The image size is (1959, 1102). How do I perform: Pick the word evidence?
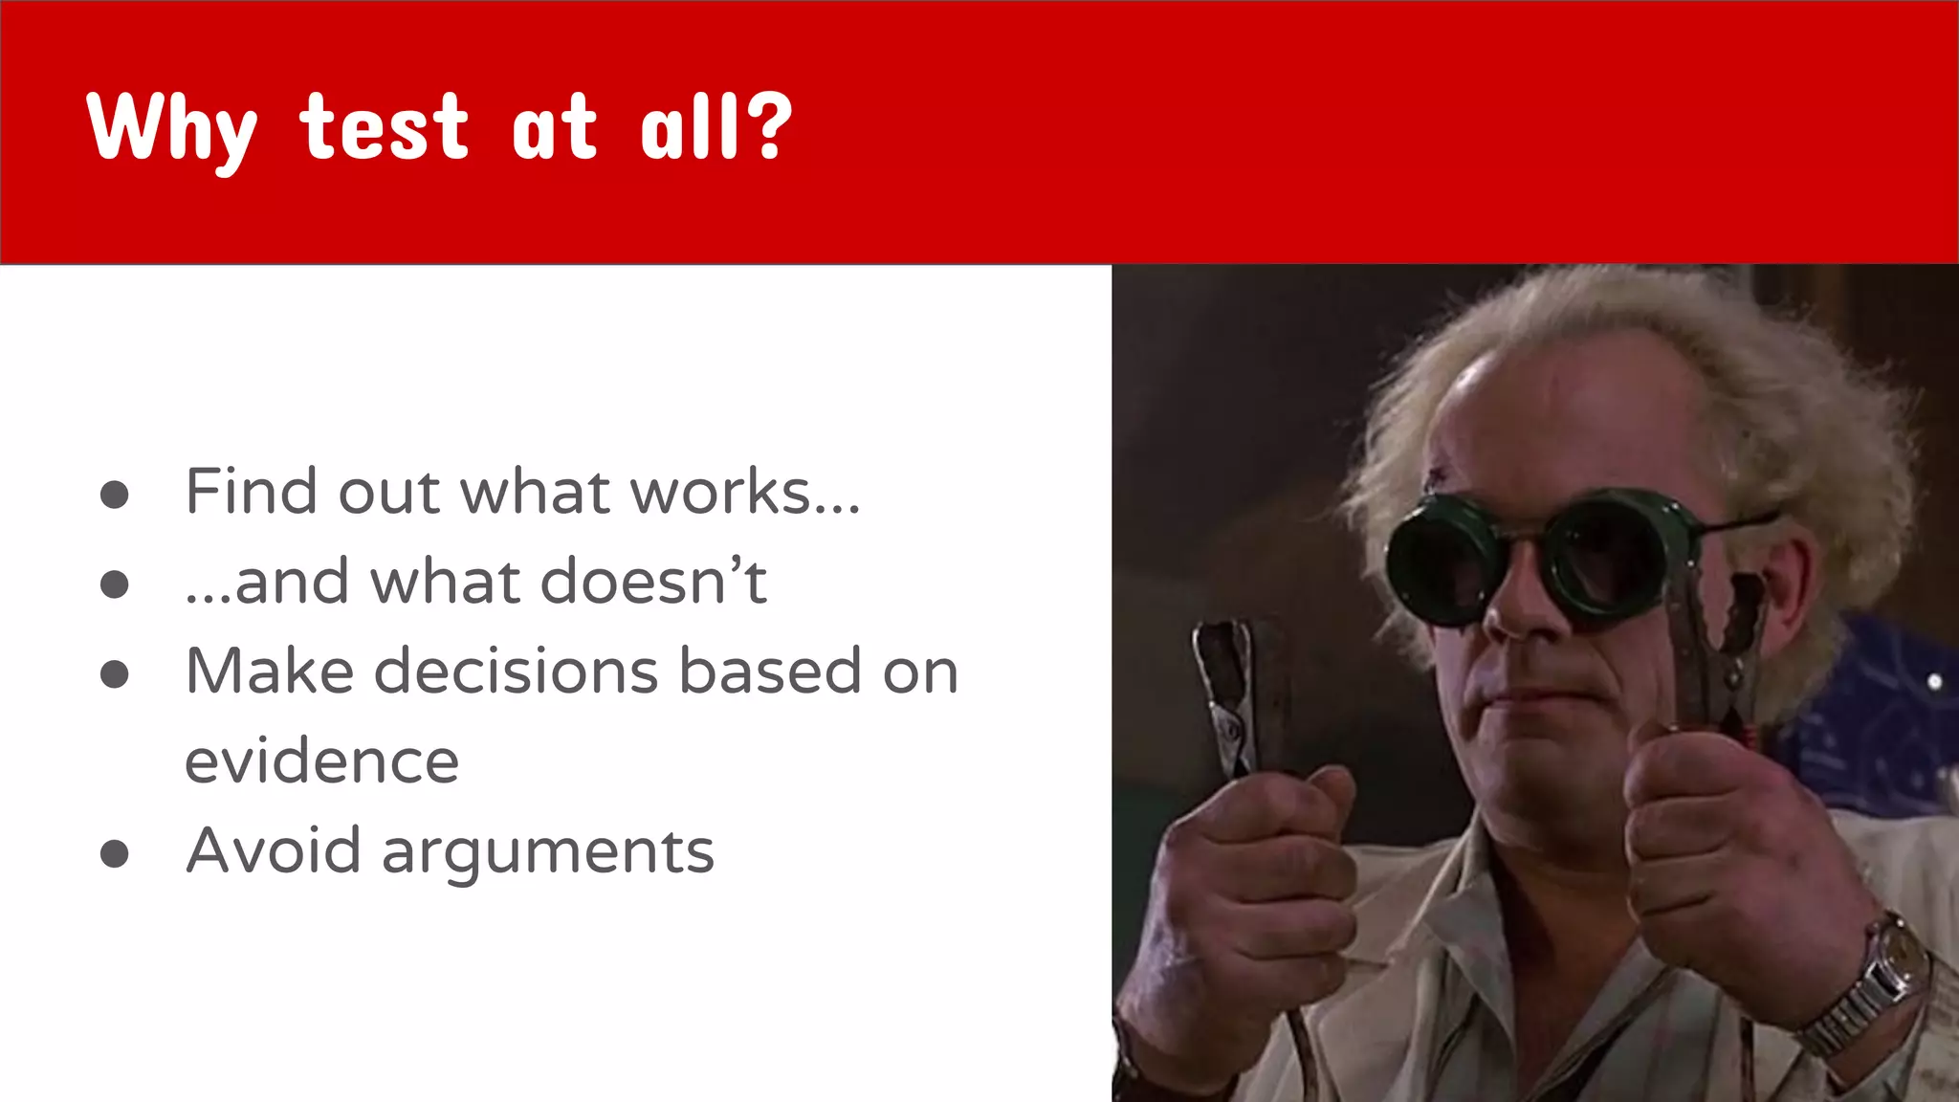coord(321,761)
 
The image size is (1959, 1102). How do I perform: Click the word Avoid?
coord(273,850)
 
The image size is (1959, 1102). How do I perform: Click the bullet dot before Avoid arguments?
coord(115,853)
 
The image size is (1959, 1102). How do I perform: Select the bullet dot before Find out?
coord(115,495)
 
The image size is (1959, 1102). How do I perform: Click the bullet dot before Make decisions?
coord(115,673)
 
